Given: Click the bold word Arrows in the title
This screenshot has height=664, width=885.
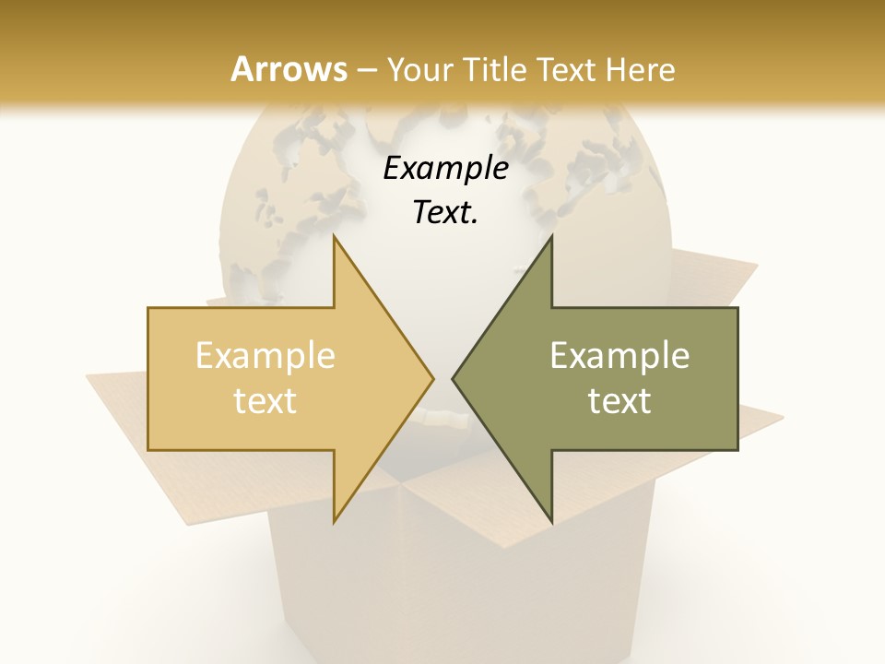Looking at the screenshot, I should click(x=289, y=69).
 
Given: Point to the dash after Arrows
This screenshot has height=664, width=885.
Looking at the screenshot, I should click(x=366, y=70).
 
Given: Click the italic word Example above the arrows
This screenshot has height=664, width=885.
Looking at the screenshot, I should click(x=445, y=169).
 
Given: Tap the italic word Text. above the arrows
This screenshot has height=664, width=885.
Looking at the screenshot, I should click(x=445, y=213).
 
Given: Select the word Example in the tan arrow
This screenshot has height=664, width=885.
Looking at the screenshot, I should click(x=265, y=356).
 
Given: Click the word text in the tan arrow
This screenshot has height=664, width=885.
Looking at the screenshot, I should click(x=265, y=400).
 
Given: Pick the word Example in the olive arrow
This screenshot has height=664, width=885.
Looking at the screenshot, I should click(x=619, y=356).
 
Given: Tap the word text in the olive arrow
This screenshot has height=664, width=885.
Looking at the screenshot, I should click(x=619, y=400).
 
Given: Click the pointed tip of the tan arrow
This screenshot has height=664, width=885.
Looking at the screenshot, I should click(x=431, y=378).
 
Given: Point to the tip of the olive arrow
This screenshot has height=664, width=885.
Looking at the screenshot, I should click(x=454, y=378).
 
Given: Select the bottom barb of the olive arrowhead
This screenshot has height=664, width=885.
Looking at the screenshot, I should click(x=550, y=518).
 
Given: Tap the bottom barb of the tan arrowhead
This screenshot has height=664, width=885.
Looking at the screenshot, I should click(x=336, y=518).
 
